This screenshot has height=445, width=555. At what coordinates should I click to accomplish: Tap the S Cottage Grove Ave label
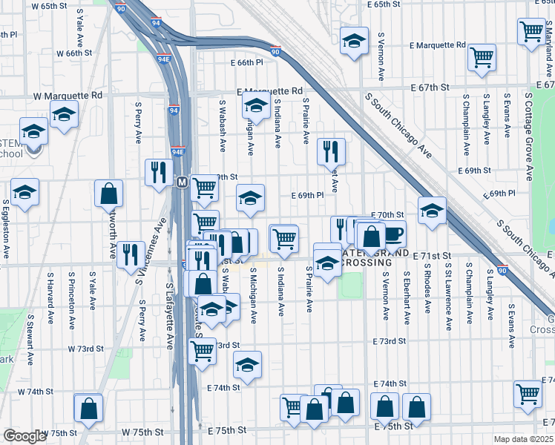coord(529,136)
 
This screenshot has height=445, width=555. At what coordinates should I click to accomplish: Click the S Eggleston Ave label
coord(6,229)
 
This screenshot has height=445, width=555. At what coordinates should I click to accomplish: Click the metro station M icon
coord(182,182)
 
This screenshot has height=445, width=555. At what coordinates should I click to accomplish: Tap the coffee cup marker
coord(393,234)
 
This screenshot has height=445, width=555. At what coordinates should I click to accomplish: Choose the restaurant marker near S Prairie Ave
coord(331,151)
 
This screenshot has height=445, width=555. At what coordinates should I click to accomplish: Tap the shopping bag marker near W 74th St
coord(88,407)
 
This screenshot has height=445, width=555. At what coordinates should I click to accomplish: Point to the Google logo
coord(24,436)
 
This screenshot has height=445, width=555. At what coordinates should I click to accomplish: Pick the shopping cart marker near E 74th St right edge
coord(528,395)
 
